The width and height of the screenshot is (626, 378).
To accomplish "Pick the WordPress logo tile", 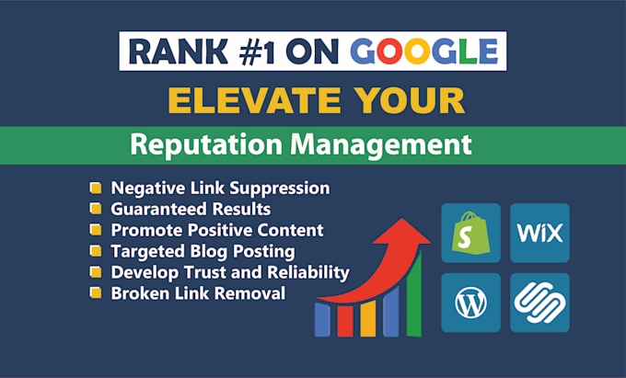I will point(471,301).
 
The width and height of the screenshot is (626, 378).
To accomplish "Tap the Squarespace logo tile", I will point(539,301).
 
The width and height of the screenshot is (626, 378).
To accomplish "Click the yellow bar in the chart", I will point(366,317).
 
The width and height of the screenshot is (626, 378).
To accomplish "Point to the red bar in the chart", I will point(343,322).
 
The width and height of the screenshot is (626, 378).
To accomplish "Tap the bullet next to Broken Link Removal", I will point(95,293).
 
